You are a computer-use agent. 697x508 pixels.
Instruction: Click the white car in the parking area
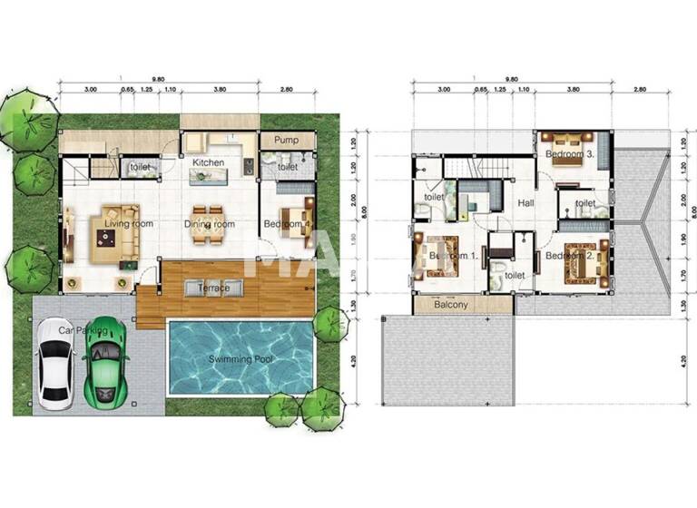(x=55, y=367)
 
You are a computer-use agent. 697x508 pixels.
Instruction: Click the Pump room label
(x=287, y=142)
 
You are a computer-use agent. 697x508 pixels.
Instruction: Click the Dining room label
(x=210, y=224)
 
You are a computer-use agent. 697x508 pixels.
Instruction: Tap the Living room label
(x=128, y=223)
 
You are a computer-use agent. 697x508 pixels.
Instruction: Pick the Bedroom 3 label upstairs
(x=569, y=155)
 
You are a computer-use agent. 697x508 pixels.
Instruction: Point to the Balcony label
(x=451, y=305)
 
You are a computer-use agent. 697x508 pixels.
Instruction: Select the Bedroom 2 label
(x=570, y=256)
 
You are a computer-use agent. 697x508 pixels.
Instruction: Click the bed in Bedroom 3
(x=567, y=140)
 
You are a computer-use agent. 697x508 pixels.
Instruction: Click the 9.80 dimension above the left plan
(x=159, y=79)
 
